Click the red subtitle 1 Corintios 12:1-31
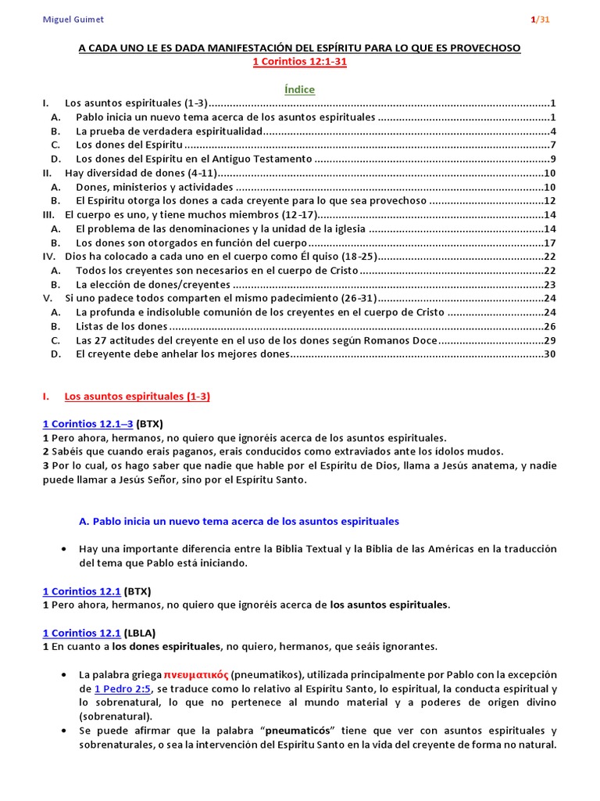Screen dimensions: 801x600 [x=299, y=63]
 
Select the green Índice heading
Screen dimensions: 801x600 [x=299, y=89]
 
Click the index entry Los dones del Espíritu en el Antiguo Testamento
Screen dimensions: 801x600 [x=195, y=160]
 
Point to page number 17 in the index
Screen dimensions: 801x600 [x=549, y=242]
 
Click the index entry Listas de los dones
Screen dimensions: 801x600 [x=121, y=326]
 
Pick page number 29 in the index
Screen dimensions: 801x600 [x=549, y=340]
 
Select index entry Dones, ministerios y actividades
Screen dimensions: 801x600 [x=154, y=188]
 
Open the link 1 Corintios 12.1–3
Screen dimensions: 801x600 [x=87, y=424]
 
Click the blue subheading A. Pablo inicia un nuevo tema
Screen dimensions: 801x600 [x=240, y=521]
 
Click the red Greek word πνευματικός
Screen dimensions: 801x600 [x=197, y=673]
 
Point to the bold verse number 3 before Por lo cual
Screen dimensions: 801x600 [x=45, y=465]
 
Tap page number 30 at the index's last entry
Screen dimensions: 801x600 [x=549, y=354]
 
